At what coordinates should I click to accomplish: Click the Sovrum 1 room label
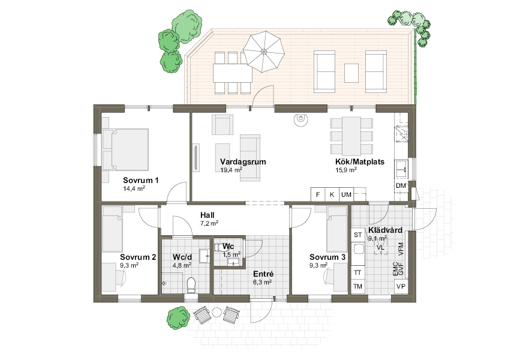[141, 180]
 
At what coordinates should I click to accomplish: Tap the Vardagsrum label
[243, 161]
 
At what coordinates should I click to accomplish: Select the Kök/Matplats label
[360, 162]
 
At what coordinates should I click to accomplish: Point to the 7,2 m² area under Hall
[209, 223]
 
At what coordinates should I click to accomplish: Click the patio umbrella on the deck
[264, 52]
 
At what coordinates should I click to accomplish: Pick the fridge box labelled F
[318, 194]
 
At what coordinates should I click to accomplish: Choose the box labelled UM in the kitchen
[346, 194]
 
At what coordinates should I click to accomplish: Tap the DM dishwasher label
[401, 185]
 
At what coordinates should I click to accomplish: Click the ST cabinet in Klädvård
[358, 235]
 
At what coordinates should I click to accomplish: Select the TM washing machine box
[358, 286]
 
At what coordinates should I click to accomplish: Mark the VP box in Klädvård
[401, 286]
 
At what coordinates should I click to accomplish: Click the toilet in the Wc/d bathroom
[191, 285]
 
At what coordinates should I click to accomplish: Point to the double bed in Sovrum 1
[125, 149]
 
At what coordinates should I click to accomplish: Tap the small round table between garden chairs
[216, 313]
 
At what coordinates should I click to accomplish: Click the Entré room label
[263, 274]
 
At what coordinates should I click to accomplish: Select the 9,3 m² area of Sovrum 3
[318, 265]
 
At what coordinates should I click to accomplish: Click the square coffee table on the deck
[351, 73]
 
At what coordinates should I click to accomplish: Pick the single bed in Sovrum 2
[112, 229]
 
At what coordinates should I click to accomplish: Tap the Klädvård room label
[385, 230]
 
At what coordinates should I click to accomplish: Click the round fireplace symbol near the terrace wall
[300, 119]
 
